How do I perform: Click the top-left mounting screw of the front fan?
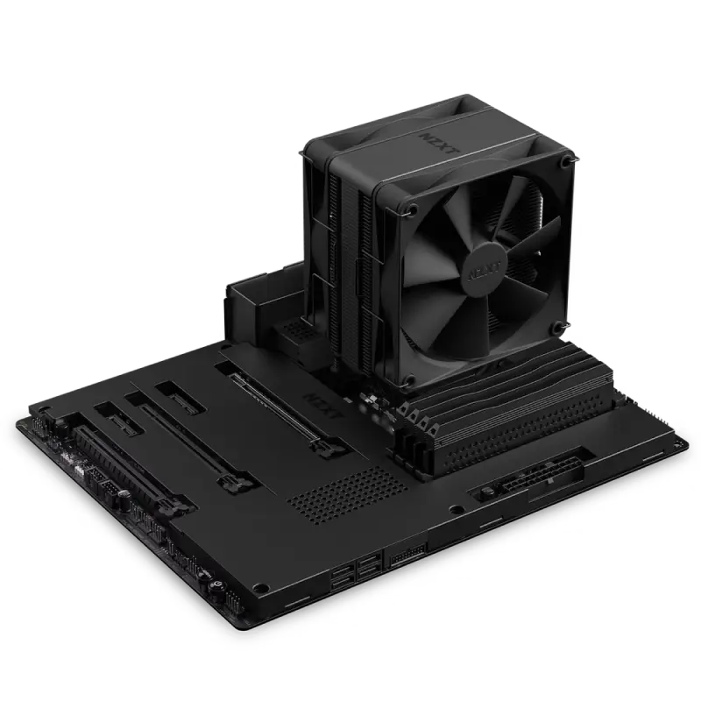coord(409,209)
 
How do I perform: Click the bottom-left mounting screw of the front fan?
coord(411,382)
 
